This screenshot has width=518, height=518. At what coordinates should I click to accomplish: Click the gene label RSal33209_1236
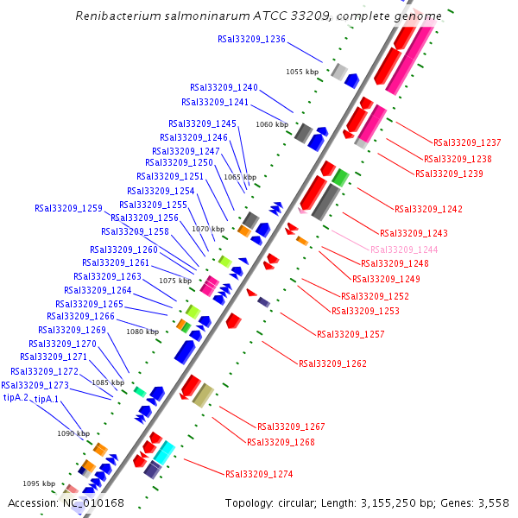[x=251, y=39]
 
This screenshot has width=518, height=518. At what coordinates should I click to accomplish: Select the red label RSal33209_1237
[x=467, y=143]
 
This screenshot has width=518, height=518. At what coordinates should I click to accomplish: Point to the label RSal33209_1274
[x=259, y=474]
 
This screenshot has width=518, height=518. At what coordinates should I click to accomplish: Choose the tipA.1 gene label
[x=47, y=400]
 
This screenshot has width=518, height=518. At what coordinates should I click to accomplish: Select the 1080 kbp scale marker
[x=142, y=331]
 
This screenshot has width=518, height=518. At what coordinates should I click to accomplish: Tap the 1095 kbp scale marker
[x=39, y=483]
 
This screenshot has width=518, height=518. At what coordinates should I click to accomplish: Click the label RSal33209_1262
[x=332, y=364]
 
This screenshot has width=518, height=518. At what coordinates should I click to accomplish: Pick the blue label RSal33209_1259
[x=68, y=208]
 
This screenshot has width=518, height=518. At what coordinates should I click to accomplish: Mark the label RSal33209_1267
[x=291, y=426]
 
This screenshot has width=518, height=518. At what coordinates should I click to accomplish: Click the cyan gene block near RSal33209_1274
[x=164, y=452]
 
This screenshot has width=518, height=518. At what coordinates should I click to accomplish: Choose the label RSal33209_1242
[x=428, y=209]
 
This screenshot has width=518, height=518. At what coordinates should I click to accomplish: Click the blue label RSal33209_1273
[x=35, y=385]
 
